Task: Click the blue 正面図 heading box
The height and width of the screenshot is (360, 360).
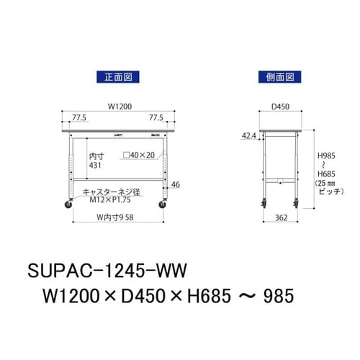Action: tap(118, 77)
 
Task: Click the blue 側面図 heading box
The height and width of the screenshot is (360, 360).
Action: tap(279, 77)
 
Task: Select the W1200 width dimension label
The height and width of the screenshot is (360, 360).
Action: tap(120, 107)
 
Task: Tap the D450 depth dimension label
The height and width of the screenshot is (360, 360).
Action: tap(280, 107)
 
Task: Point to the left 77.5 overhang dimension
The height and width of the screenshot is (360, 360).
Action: tap(79, 117)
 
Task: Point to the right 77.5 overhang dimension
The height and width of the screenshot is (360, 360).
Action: tap(156, 117)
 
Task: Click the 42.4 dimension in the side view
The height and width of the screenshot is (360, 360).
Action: tap(249, 135)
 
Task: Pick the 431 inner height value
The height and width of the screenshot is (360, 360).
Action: tap(95, 166)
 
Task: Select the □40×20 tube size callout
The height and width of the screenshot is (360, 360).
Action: tap(139, 155)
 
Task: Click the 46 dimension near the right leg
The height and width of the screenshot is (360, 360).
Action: tap(176, 184)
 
